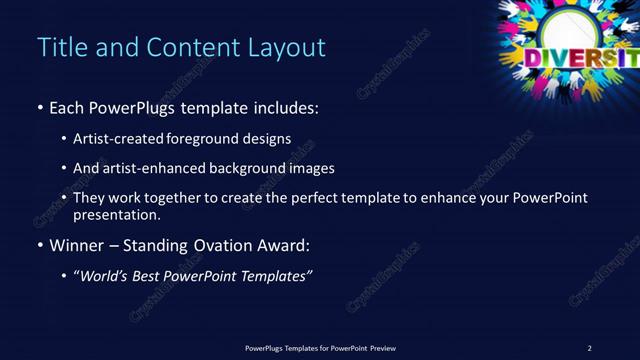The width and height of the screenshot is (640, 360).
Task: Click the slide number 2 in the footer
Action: coord(589,348)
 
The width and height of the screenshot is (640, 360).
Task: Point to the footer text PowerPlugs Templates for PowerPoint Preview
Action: coord(320,348)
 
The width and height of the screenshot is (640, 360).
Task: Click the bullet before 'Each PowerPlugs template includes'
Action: coord(39,108)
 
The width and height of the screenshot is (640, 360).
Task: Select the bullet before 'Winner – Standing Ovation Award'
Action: coord(39,245)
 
